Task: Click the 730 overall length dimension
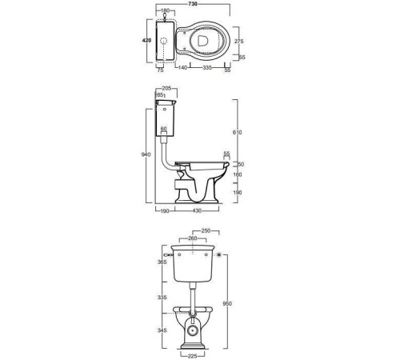pyautogui.click(x=193, y=4)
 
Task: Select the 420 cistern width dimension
pyautogui.click(x=146, y=41)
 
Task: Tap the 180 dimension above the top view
pyautogui.click(x=166, y=10)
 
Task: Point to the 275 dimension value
pyautogui.click(x=239, y=42)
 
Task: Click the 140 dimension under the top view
pyautogui.click(x=182, y=68)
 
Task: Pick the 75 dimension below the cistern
pyautogui.click(x=160, y=70)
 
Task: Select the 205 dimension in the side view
pyautogui.click(x=166, y=89)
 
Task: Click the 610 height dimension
pyautogui.click(x=237, y=133)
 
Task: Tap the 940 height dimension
pyautogui.click(x=146, y=154)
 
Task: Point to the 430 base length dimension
pyautogui.click(x=197, y=210)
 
